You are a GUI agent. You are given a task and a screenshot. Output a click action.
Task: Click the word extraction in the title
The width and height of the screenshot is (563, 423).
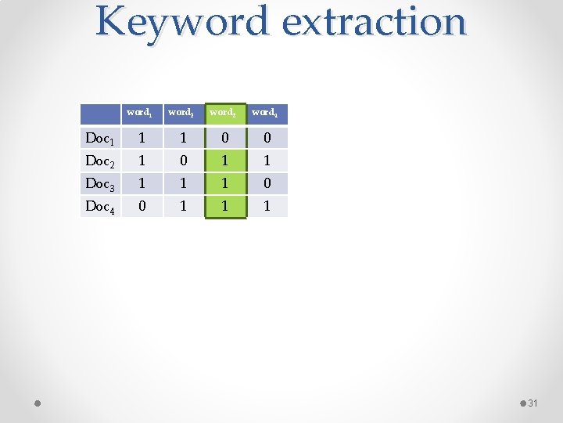[374, 22]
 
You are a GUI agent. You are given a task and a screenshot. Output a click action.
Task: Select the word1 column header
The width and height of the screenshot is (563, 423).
[141, 113]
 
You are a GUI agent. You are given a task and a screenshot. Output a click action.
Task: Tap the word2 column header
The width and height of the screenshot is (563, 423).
[182, 113]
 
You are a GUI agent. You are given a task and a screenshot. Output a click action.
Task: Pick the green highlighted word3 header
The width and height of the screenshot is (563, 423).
[224, 113]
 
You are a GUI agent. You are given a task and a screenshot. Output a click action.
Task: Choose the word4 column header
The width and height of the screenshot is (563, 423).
[266, 113]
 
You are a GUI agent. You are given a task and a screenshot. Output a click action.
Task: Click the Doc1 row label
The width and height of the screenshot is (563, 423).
[100, 139]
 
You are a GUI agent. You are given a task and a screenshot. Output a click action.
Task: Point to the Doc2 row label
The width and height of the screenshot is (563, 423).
[100, 161]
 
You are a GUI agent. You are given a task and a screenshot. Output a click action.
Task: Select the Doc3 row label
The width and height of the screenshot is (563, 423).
[100, 184]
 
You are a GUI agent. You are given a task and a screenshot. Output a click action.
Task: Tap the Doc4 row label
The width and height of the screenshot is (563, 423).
[100, 207]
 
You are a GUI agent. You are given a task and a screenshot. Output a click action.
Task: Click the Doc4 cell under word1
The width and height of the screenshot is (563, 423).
[141, 207]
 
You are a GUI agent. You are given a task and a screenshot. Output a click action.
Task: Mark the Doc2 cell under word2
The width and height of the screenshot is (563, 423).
[182, 161]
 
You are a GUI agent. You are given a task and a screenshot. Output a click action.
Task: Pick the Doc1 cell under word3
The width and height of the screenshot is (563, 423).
[224, 139]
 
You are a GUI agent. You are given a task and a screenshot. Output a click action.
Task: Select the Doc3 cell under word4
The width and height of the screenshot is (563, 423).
[267, 184]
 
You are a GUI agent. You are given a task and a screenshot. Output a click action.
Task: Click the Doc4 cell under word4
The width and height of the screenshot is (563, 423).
[267, 207]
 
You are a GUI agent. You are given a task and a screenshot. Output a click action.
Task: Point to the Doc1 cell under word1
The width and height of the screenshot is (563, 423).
[141, 139]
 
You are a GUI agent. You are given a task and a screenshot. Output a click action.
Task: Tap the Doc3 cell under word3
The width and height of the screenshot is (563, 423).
[224, 184]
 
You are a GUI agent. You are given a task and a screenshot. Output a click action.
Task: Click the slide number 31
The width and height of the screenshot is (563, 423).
[533, 403]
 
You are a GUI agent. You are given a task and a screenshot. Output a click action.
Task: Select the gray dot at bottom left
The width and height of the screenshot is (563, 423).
[38, 403]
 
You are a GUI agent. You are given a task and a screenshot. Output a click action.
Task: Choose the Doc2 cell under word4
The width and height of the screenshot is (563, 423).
[267, 161]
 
